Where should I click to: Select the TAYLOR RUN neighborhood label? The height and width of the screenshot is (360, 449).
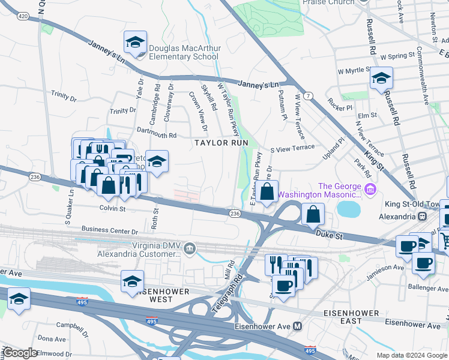[x=220, y=143]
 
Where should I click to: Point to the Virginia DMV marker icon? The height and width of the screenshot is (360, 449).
[x=189, y=248]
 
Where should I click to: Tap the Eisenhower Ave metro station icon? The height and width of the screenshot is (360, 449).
[x=297, y=326]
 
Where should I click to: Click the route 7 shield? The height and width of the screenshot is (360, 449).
[x=308, y=96]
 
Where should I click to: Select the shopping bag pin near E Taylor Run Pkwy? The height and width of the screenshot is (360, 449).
[x=268, y=192]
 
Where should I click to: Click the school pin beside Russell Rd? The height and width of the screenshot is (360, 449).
[x=381, y=79]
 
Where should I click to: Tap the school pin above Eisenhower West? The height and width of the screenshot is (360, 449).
[x=132, y=281]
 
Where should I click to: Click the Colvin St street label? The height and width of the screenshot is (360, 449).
[x=112, y=209]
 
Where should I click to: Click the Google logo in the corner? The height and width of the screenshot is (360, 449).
[x=20, y=353]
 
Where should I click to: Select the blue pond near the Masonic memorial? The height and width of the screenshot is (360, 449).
[x=349, y=209]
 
